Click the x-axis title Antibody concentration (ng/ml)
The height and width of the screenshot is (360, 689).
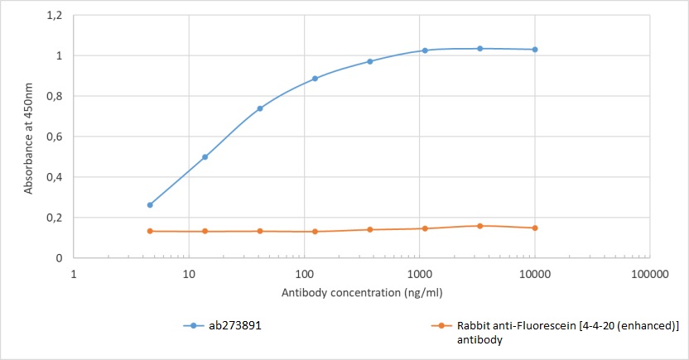click(x=349, y=293)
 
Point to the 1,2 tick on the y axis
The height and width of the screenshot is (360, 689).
click(x=55, y=16)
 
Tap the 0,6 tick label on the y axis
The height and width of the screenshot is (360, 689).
click(x=55, y=137)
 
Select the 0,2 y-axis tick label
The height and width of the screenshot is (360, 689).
click(x=55, y=218)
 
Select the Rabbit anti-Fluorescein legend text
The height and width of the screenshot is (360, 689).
click(x=567, y=332)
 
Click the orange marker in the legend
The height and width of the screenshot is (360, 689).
click(x=442, y=326)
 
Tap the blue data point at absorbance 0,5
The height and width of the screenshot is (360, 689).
click(x=205, y=156)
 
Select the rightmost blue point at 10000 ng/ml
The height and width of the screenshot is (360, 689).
click(x=535, y=50)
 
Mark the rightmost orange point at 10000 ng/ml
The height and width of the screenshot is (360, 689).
click(x=535, y=228)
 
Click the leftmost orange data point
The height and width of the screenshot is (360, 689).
click(x=150, y=231)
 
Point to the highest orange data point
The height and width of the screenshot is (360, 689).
click(x=479, y=225)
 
